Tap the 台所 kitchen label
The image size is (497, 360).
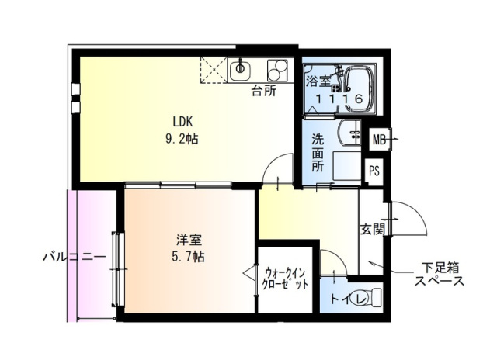(263, 90)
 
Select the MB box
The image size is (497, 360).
(378, 140)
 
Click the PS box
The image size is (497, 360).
(374, 171)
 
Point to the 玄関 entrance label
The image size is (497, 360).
(371, 229)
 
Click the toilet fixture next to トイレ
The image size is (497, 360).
(372, 297)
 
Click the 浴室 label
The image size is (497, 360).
(318, 80)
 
